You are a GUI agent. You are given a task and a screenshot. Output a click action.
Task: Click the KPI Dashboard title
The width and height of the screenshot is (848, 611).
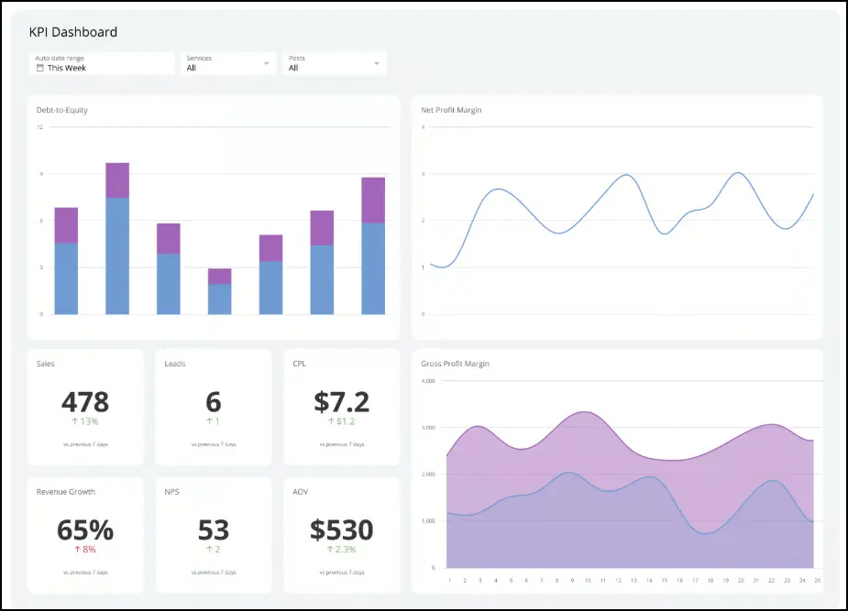point(73,32)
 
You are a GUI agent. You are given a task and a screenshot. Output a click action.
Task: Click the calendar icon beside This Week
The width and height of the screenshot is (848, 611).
point(39,68)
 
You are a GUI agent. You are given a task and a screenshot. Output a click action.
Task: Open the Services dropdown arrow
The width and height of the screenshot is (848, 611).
point(267,63)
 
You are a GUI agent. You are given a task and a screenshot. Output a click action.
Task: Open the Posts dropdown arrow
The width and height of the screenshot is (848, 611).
point(377,63)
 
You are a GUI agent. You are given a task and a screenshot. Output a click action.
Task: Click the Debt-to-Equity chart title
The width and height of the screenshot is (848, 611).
point(61,110)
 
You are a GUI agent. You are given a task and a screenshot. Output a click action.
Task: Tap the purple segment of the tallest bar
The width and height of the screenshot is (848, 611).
point(117,180)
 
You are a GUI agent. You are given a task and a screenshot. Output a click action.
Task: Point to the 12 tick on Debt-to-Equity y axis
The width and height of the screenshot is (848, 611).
point(39,126)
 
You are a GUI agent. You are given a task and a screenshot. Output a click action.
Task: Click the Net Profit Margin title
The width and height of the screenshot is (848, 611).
point(451,110)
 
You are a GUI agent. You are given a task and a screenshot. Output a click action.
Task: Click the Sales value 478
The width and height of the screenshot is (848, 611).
point(85,401)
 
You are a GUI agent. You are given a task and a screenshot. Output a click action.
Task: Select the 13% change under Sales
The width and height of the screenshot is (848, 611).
point(85,421)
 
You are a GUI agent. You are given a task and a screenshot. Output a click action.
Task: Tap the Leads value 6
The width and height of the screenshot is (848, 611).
point(214,401)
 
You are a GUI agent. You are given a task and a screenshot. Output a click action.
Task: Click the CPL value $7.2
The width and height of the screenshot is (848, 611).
point(341,401)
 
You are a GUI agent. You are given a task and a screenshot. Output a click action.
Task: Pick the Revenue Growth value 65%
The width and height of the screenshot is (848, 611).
point(85,529)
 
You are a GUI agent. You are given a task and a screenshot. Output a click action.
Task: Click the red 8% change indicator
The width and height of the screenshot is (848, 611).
point(85,550)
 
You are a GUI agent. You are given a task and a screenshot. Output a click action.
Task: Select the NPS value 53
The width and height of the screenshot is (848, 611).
point(214,529)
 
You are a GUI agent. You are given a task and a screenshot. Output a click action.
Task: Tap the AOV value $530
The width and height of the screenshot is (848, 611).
point(341,529)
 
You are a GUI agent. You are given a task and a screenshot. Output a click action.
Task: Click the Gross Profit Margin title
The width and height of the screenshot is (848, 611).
point(455,364)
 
